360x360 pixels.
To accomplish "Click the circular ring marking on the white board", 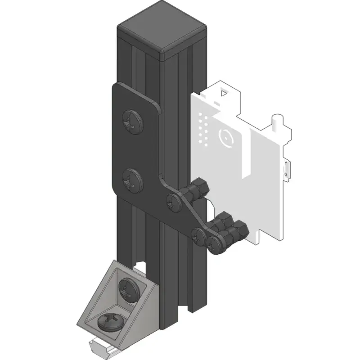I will (x=225, y=137).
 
